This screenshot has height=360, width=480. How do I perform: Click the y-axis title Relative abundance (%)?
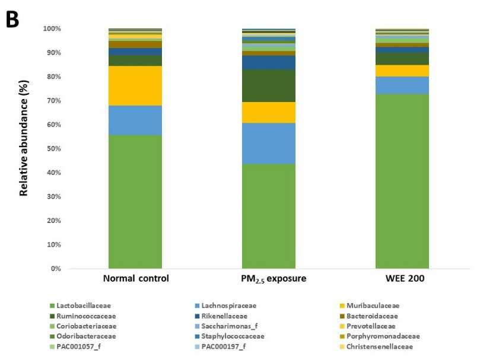point(24,138)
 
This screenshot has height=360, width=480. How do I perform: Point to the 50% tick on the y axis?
point(54,149)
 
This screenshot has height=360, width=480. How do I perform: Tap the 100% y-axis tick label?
point(52,29)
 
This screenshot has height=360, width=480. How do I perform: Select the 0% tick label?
point(56,269)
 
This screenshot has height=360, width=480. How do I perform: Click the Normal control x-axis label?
point(136,278)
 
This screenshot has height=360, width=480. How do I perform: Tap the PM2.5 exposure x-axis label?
point(274,279)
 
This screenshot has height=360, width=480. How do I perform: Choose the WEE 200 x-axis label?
point(405,278)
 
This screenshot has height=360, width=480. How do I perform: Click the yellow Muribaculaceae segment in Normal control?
point(135,86)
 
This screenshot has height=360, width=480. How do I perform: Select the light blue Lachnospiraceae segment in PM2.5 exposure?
point(269,144)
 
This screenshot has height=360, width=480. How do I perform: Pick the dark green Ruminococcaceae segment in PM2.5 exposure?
point(269,86)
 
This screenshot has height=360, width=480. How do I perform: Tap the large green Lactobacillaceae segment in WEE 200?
point(402,181)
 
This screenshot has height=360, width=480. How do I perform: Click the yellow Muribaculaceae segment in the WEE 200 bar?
point(402,71)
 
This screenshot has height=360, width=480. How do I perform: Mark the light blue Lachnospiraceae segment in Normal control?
point(135,120)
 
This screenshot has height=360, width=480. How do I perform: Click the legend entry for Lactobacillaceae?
point(80,306)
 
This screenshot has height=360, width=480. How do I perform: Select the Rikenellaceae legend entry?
point(221,316)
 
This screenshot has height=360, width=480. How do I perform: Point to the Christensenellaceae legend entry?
point(377,347)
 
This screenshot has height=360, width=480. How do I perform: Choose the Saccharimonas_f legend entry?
point(226,326)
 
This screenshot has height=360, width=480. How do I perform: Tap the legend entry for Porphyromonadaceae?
point(380,336)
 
